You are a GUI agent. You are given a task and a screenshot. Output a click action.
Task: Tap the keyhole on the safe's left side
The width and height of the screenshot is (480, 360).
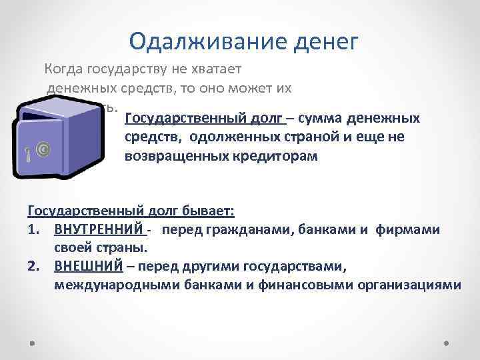[27, 156]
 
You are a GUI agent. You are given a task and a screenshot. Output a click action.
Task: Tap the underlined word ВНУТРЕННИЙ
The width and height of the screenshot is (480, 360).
[99, 230]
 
